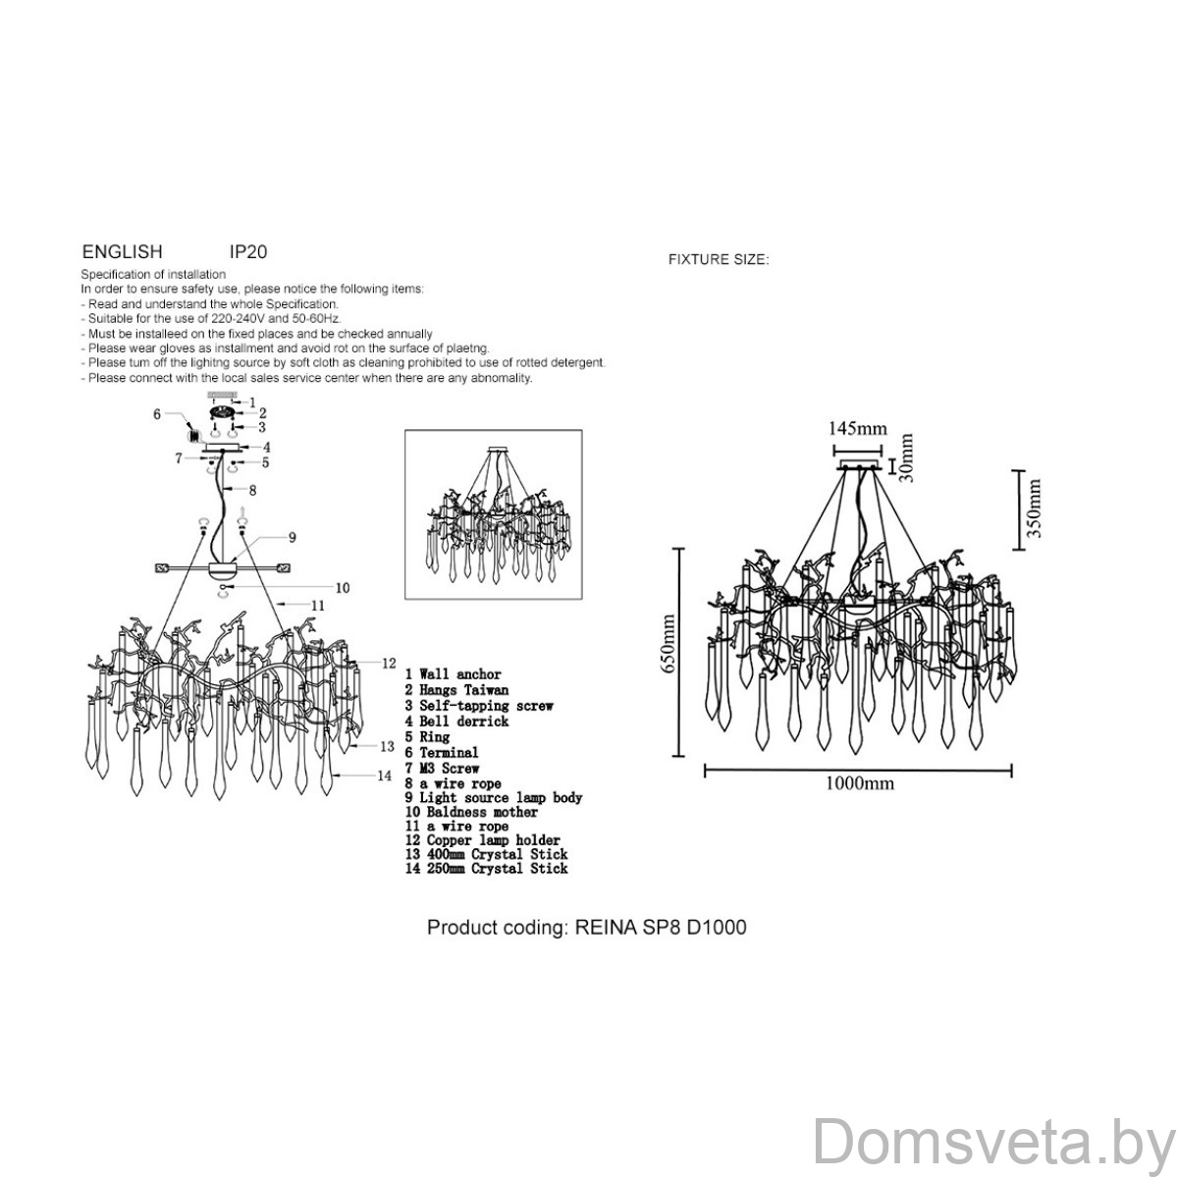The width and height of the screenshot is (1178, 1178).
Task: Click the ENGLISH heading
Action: coord(123,251)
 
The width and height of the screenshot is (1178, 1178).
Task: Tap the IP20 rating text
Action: coord(248,251)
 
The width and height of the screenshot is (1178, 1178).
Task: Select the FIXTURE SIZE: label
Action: coord(719,259)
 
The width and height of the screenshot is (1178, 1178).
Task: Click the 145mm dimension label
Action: coord(857,428)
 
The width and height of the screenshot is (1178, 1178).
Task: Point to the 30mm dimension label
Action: coord(907,457)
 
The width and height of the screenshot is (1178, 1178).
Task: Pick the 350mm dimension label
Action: coord(1033,509)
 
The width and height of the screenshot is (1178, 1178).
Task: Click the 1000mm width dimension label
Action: coord(860,783)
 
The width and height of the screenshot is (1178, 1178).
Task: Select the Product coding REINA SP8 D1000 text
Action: coord(586,927)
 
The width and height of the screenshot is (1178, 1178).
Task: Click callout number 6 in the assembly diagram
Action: coord(157,414)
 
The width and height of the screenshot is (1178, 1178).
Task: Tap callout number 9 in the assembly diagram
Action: coord(293,537)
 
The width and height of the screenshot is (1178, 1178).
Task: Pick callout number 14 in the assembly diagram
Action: coord(384,776)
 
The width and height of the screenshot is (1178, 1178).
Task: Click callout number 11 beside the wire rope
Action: coord(318,606)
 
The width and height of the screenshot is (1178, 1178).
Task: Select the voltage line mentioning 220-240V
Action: coord(211,318)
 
